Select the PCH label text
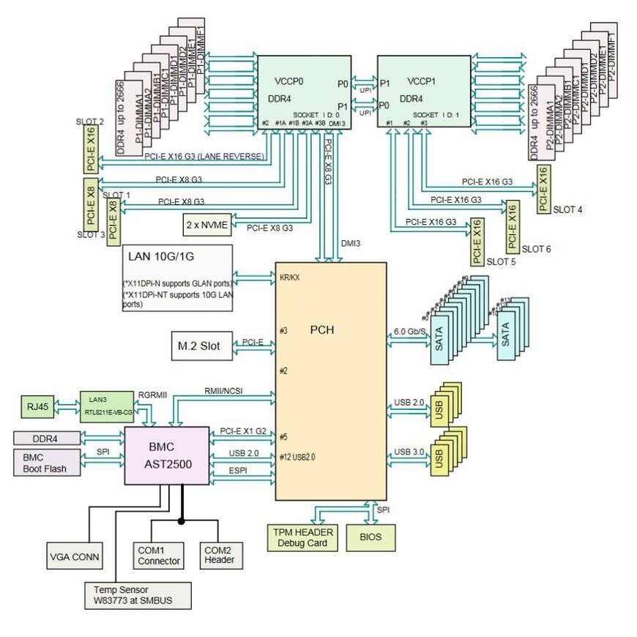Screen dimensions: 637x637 (321, 330)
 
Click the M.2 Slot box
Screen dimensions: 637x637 (194, 343)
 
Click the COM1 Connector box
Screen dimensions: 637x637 (158, 556)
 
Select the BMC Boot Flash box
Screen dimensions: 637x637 (46, 463)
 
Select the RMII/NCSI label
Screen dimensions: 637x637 (224, 391)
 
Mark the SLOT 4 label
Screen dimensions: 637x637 (568, 209)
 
